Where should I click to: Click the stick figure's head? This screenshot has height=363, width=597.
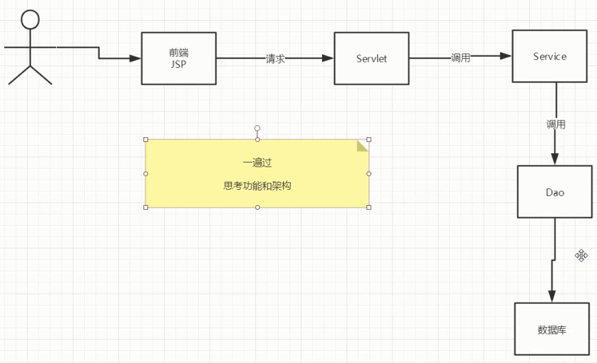point(30,22)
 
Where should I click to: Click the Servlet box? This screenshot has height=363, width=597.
point(371,58)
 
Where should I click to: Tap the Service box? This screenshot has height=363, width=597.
point(549,56)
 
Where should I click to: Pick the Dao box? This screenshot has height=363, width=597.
point(555,191)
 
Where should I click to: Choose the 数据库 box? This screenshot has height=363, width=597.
point(551,329)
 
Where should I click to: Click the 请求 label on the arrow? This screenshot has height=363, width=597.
point(276,58)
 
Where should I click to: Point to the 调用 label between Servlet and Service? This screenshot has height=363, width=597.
point(460,57)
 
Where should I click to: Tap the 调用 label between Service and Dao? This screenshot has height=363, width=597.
point(555,124)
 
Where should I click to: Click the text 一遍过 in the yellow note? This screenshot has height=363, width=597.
point(257,163)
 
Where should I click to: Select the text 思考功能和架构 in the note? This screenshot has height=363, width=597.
point(257,185)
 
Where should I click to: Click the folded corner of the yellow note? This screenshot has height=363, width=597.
point(362,145)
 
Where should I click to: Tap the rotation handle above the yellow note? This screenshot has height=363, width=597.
point(257,128)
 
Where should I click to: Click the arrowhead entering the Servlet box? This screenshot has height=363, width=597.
point(328,58)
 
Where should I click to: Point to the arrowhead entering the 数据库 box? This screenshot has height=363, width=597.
point(551,297)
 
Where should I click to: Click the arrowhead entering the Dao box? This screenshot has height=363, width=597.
point(555,160)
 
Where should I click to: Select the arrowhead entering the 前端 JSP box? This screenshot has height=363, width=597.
point(135,58)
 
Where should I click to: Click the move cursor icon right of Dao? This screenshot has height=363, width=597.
point(582,255)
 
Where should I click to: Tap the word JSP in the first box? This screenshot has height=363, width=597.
point(178,65)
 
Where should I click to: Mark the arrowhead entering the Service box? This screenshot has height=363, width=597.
point(506,56)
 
